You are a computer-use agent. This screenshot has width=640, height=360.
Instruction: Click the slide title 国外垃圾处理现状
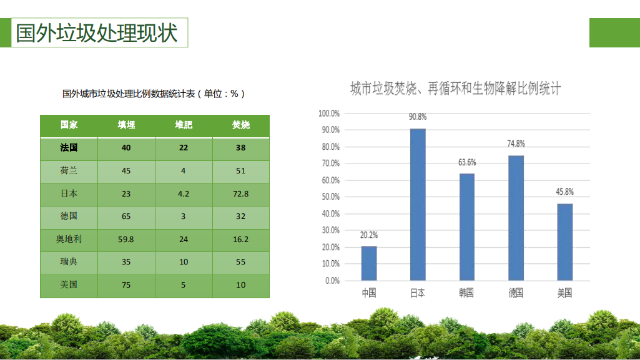pos(97,32)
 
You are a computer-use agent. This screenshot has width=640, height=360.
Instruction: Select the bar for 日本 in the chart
pos(418,205)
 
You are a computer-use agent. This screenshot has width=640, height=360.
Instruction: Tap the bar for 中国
pos(369,263)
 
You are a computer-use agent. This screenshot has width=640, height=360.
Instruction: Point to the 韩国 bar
pos(467,227)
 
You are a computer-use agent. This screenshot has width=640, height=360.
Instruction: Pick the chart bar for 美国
pos(565,242)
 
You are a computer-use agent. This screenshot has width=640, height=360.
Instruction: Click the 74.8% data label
pos(516,144)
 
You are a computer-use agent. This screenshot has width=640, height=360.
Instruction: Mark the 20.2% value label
pos(369,235)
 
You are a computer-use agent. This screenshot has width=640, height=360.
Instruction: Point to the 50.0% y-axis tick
pos(330,197)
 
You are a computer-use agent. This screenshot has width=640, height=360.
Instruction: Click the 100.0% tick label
pos(329,114)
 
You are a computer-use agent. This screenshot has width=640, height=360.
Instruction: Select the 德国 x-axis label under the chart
pos(516,293)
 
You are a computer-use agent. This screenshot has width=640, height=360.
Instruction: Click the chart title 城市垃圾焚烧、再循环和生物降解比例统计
pos(456,89)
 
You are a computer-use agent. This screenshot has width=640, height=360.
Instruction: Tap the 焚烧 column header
pos(241,125)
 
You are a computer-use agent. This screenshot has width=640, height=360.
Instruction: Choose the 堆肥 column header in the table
pos(184,125)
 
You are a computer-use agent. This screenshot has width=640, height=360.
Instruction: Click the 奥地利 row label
pos(69,240)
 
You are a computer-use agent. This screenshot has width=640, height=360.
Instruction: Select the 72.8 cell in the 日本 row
pos(241,193)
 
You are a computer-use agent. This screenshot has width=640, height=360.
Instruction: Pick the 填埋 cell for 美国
pos(126,285)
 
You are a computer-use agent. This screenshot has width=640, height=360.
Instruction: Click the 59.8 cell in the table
pos(126,240)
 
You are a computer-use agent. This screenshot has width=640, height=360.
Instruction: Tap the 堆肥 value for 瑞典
pos(184,262)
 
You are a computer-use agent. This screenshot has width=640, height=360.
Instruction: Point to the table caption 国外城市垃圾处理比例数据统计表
pos(129,94)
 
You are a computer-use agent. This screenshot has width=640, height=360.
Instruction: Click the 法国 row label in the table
pos(69,148)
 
